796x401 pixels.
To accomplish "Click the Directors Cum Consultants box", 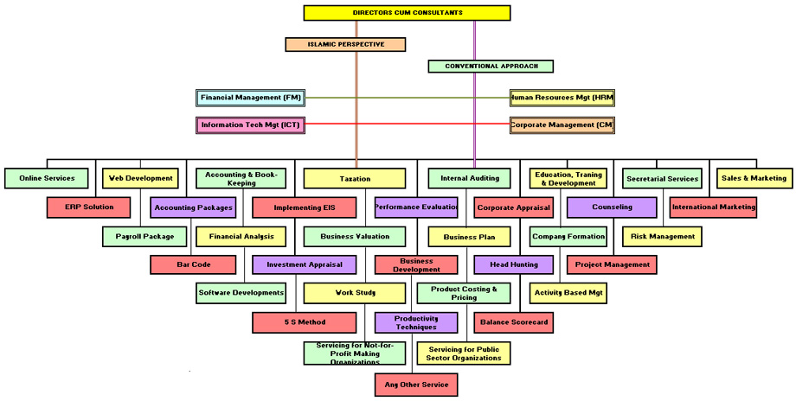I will click(x=408, y=13).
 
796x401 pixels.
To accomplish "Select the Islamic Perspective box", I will click(x=345, y=44).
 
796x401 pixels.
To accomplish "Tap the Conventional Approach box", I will click(x=490, y=66).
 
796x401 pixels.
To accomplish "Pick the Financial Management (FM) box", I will click(x=250, y=98).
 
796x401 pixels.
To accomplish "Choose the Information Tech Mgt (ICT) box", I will click(x=250, y=125).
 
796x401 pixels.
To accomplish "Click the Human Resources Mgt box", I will click(x=562, y=98).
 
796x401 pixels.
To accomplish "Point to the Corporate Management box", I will click(x=562, y=125).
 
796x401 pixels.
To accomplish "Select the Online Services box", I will click(x=46, y=179).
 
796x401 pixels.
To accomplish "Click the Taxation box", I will click(x=355, y=179).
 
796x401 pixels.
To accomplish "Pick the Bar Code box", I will click(x=193, y=264).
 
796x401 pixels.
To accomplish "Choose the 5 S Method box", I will click(x=305, y=322).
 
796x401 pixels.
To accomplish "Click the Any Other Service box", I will click(x=415, y=385).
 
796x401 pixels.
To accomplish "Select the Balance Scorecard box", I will click(x=513, y=322).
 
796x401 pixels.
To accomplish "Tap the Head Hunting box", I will click(x=514, y=264).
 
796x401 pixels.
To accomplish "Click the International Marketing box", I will click(x=713, y=207).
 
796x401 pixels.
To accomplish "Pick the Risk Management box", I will click(x=662, y=236).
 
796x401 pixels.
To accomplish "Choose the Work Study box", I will click(x=355, y=294).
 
